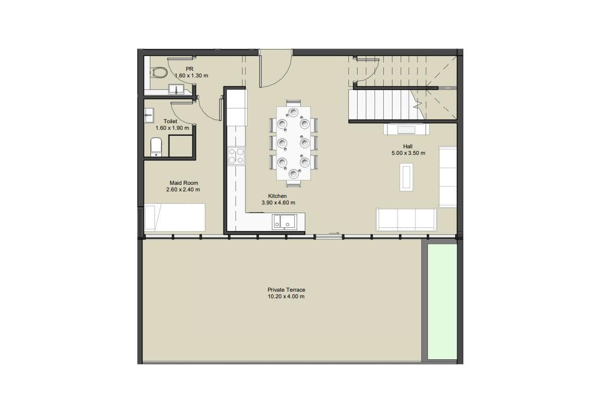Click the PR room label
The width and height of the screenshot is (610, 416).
(x=190, y=69)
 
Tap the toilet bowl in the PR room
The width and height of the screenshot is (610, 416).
(x=160, y=72)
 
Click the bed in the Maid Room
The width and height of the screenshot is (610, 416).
(x=174, y=218)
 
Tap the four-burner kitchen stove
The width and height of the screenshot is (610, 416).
(x=237, y=156)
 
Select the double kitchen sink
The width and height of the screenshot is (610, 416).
(x=285, y=221)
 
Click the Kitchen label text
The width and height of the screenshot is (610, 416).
(x=277, y=196)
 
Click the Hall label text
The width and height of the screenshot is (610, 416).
(x=408, y=146)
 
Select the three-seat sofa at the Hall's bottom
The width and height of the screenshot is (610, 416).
(x=407, y=219)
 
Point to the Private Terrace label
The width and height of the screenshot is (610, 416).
(x=286, y=290)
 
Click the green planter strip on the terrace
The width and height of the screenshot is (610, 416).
(x=442, y=302)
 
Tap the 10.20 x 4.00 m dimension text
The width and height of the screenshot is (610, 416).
(x=286, y=297)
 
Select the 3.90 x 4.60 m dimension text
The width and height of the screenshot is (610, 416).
(x=277, y=202)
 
